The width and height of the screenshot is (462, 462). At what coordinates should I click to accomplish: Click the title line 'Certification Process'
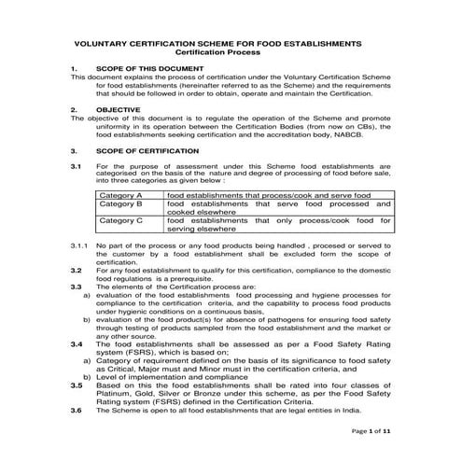(231, 52)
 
